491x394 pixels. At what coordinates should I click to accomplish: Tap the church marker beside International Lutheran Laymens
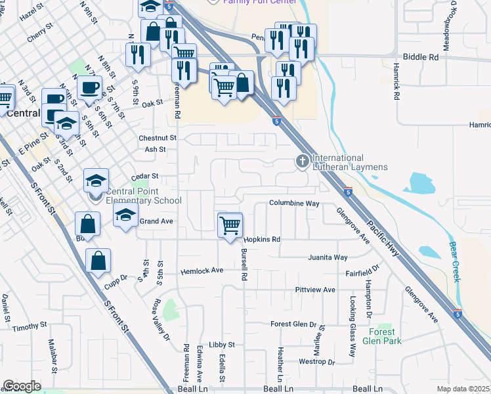click(302, 161)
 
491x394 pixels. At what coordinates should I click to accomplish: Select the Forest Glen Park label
click(380, 336)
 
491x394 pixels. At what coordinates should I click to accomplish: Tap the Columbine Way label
click(293, 204)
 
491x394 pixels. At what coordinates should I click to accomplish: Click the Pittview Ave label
click(315, 290)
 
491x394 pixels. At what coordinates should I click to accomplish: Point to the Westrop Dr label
click(316, 362)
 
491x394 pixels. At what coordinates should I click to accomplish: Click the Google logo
click(22, 386)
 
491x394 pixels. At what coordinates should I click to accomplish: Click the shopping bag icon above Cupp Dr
click(98, 261)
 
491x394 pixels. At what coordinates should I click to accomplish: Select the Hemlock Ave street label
click(202, 270)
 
